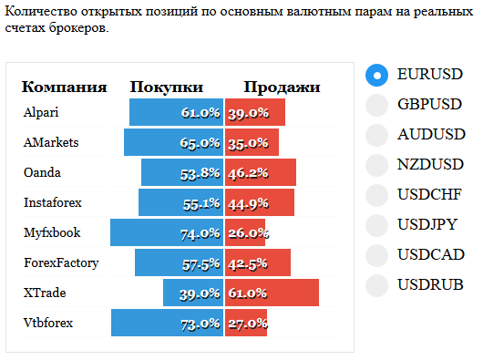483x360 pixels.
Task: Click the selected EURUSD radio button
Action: [x=376, y=75]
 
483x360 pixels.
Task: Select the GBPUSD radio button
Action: [x=376, y=106]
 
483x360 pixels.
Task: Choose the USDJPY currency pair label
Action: [x=427, y=224]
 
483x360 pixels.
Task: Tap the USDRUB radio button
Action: [x=376, y=286]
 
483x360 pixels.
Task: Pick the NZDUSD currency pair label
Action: [x=430, y=164]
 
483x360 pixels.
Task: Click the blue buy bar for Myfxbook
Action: [x=167, y=232]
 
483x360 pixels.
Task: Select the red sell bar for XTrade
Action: [x=272, y=293]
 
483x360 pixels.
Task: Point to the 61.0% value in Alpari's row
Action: [x=200, y=113]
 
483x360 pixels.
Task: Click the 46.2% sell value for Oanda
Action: [x=248, y=173]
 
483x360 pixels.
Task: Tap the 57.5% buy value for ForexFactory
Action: [x=201, y=264]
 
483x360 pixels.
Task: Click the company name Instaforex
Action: [x=53, y=202]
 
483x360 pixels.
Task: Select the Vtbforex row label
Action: [x=48, y=323]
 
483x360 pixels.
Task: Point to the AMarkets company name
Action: [x=51, y=142]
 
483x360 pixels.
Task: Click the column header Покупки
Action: [x=167, y=87]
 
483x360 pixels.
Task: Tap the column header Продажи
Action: [x=282, y=87]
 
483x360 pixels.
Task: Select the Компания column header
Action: [x=64, y=87]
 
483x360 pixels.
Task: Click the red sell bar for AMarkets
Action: [x=252, y=142]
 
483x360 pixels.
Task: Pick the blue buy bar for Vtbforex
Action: [x=168, y=323]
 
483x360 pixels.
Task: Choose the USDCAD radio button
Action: [x=376, y=255]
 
